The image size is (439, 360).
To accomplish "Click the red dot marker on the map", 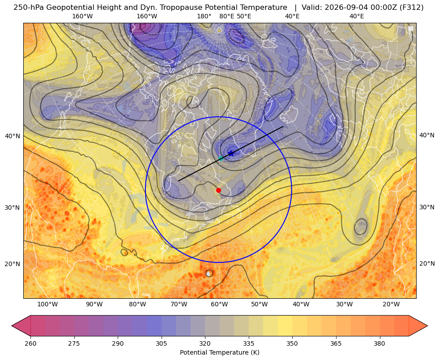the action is point(219,190).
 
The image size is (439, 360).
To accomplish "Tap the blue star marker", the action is point(231,153).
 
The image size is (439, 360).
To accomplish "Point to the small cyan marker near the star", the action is point(221,158).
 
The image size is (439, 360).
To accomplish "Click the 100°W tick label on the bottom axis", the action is point(47,305).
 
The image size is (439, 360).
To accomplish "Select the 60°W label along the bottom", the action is point(219,305).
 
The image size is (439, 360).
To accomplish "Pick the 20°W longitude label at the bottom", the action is point(391,305).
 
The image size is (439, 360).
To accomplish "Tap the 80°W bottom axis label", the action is point(137,305).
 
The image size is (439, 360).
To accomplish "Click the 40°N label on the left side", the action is point(13,136).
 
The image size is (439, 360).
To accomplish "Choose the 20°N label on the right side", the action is point(427,263).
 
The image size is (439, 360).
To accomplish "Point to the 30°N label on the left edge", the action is point(13,208).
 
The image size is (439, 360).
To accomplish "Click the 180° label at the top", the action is point(204,16).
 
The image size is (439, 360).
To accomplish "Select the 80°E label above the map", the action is point(227,16).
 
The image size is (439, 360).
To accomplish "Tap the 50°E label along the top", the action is point(244,16).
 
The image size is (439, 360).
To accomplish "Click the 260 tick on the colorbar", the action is point(30,343).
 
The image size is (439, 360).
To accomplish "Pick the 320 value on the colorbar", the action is point(205,343).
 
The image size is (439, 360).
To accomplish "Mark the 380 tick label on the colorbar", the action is point(379,343).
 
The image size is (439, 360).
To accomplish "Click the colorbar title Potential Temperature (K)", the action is point(219,352).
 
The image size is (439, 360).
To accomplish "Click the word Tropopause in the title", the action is point(186,8).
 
